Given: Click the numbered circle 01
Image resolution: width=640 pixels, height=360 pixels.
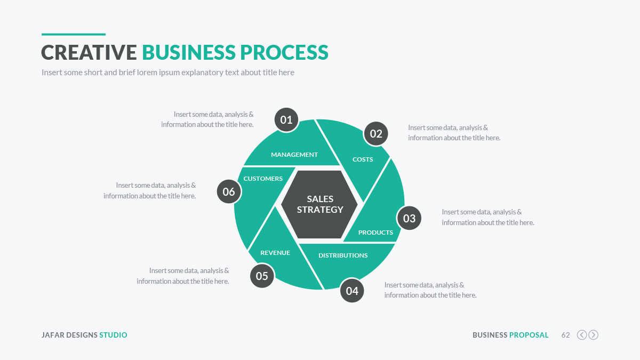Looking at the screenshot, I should point(286,120).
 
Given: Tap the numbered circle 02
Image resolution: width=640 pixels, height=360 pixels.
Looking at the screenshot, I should point(376,134).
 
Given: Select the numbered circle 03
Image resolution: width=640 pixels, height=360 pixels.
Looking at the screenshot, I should point(409,218).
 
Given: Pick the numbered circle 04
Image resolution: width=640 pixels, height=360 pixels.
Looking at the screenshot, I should point(352,291).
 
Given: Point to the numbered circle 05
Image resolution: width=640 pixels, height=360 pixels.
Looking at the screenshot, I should point(262,276).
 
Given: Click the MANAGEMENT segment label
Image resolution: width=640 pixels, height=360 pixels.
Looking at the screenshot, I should point(294,155).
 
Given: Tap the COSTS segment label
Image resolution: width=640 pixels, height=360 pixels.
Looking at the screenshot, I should point(363,159).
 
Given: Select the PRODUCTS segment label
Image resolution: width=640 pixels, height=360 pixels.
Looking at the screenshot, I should point(375,233).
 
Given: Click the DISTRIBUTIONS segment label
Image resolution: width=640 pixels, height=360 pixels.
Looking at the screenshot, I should point(343,255).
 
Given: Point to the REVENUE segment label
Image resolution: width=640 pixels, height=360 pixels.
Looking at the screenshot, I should point(275,253).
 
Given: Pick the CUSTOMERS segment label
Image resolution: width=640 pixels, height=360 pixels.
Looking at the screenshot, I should point(263,179).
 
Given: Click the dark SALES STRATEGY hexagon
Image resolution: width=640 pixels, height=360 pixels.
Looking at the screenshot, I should point(320,204).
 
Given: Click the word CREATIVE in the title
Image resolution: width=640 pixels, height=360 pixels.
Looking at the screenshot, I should point(89,52).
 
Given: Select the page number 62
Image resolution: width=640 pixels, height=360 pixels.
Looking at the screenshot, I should point(565,335).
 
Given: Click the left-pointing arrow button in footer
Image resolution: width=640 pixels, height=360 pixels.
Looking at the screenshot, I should point(582,335).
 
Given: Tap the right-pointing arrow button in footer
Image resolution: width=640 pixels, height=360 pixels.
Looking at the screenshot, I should point(593,335).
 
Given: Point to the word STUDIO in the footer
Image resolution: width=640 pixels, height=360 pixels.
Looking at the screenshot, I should point(113,335).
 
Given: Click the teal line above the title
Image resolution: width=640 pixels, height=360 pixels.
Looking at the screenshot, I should point(74,35).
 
